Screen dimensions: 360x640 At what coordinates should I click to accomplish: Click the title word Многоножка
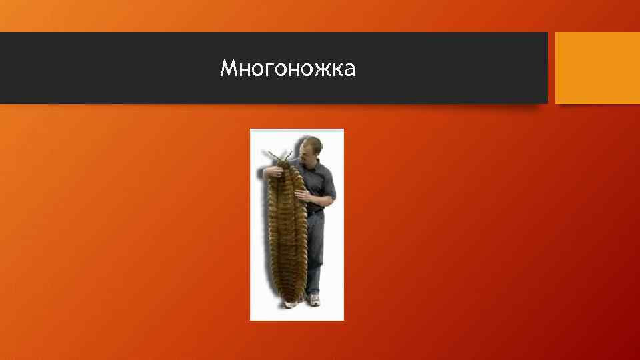288,68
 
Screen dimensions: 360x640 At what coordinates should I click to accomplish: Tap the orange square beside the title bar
597,68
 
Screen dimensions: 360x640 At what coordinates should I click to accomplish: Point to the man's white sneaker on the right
315,299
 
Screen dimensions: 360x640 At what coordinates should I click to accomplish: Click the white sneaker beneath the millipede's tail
291,303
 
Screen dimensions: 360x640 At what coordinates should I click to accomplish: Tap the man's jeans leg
314,253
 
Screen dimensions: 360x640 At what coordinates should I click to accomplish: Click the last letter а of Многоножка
350,68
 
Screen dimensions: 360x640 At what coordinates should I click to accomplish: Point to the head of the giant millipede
281,165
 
